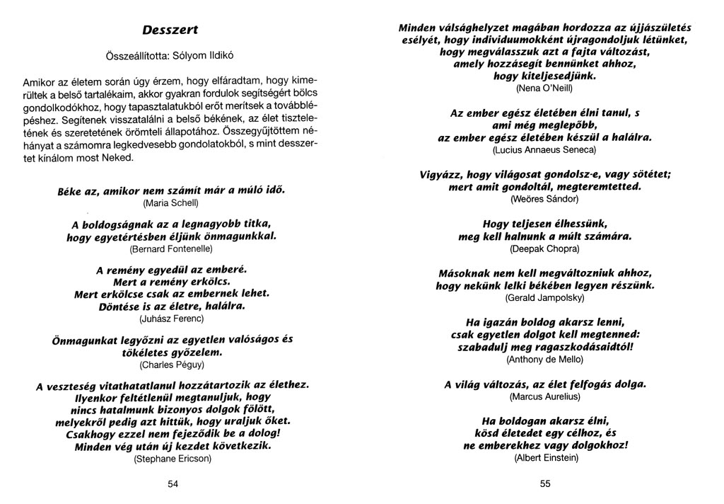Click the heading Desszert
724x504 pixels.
click(x=170, y=30)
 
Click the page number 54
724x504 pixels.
click(x=173, y=483)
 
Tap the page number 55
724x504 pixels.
click(x=544, y=483)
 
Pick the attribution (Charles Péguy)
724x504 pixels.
click(x=173, y=365)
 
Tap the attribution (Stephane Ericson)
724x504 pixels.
click(x=173, y=458)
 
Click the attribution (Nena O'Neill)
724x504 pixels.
click(x=544, y=89)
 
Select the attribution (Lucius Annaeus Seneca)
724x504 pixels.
click(x=544, y=150)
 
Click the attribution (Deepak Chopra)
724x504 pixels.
click(x=544, y=249)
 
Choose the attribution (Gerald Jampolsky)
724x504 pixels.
click(x=544, y=299)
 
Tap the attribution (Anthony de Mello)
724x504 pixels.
click(x=544, y=360)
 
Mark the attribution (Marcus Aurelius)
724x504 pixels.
click(x=544, y=397)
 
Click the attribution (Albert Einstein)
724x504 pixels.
click(x=545, y=458)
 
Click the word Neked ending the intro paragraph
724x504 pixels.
click(x=118, y=157)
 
